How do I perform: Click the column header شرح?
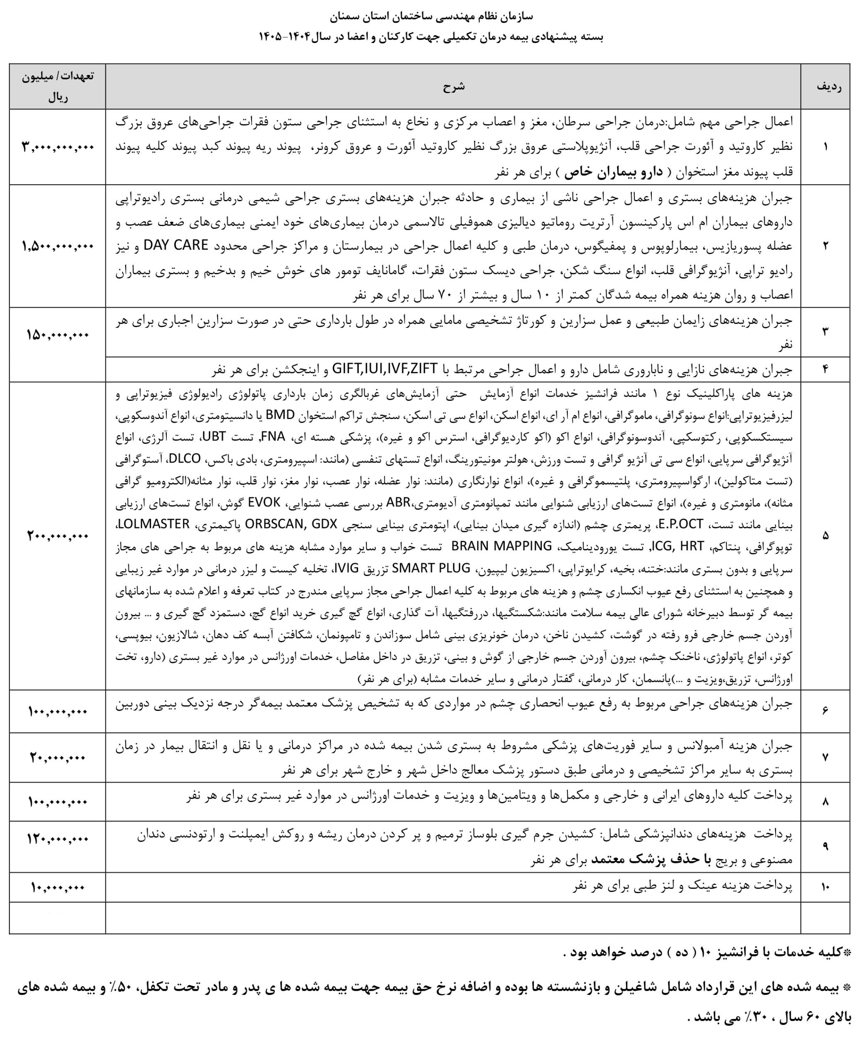click(x=453, y=87)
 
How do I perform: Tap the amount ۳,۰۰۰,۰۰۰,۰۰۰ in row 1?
click(x=58, y=147)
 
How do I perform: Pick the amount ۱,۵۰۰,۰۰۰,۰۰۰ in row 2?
click(x=58, y=246)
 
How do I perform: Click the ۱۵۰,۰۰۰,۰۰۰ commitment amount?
click(x=58, y=335)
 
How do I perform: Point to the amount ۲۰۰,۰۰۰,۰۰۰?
click(x=58, y=536)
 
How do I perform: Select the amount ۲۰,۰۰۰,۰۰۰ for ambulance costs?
click(x=58, y=758)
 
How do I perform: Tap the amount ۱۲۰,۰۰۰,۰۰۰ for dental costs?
click(x=58, y=839)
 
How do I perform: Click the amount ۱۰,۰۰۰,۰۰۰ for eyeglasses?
click(x=58, y=887)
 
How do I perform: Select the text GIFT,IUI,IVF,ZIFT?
click(x=384, y=369)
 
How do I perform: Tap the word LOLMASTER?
click(x=154, y=523)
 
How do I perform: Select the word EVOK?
click(x=264, y=502)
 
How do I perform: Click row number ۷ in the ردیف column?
click(x=825, y=757)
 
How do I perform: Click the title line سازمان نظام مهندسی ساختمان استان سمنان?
click(x=431, y=16)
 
